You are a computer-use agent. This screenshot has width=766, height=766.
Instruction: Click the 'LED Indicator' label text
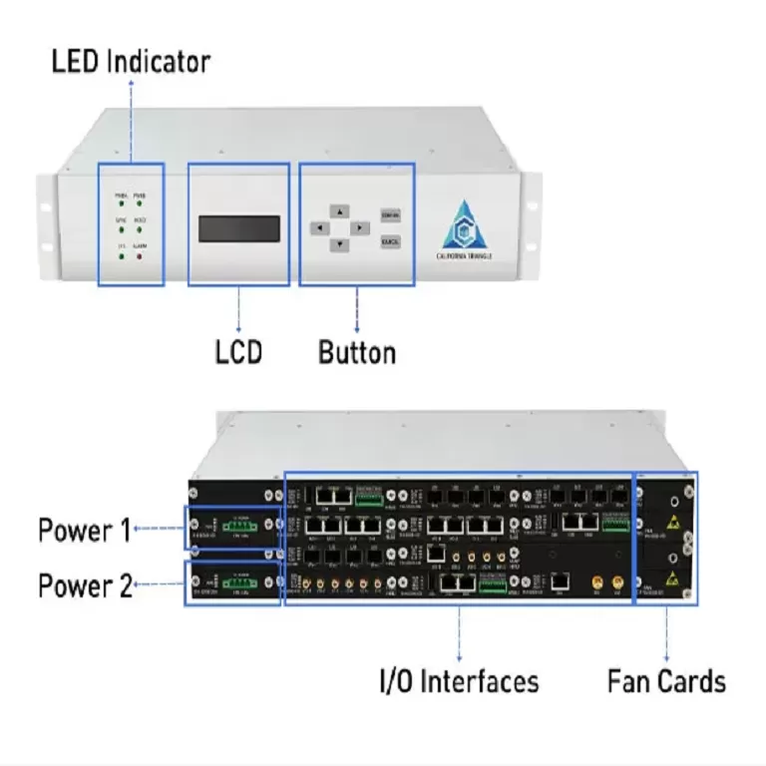click(131, 62)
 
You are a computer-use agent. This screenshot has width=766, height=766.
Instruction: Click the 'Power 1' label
click(84, 530)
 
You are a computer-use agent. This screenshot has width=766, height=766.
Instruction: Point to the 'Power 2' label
click(84, 585)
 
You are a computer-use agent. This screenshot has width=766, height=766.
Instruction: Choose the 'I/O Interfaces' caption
click(459, 682)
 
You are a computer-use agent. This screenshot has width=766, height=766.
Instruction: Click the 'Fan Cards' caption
click(666, 682)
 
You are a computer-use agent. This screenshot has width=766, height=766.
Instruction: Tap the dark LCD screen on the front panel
click(238, 228)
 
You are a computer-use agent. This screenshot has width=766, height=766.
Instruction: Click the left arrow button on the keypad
click(317, 227)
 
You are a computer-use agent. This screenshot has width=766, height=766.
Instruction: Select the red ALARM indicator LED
click(140, 256)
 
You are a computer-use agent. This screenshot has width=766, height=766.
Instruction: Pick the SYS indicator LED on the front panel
click(121, 256)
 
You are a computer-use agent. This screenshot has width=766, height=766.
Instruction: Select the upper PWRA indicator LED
click(121, 203)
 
